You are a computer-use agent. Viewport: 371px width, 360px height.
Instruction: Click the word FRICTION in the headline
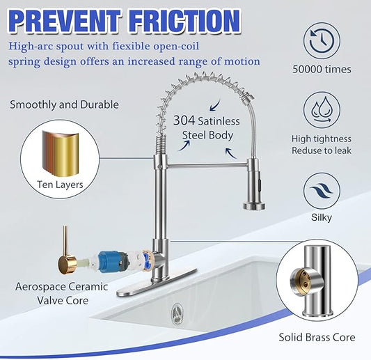(x=185, y=21)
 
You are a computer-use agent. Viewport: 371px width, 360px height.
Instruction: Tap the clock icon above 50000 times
(x=322, y=40)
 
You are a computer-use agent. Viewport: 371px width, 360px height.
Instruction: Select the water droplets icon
(x=322, y=110)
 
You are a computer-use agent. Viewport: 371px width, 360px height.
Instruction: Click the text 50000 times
(x=322, y=70)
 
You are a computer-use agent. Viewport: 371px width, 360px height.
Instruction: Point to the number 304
(x=184, y=120)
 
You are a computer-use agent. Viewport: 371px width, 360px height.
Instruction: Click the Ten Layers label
(x=60, y=185)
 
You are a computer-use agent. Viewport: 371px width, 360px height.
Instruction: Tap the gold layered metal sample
(x=61, y=154)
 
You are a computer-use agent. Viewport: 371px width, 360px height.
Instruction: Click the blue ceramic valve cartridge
(x=113, y=262)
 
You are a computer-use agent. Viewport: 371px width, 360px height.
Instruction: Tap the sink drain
(x=177, y=313)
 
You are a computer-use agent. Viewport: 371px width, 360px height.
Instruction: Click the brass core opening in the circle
(x=299, y=281)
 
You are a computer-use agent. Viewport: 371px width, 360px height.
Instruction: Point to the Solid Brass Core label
(x=317, y=337)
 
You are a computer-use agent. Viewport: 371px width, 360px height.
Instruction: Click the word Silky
(x=322, y=217)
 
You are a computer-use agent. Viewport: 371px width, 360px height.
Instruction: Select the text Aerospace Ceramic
(x=61, y=287)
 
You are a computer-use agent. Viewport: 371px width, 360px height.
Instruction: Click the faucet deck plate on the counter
(x=157, y=283)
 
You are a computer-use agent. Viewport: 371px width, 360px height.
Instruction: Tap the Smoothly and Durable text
(x=64, y=104)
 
